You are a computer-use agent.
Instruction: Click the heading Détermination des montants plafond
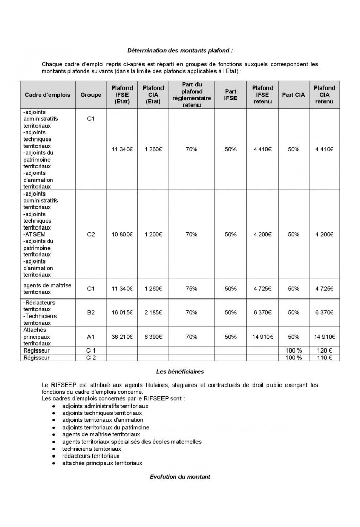tap(179, 51)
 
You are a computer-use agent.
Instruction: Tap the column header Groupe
tap(91, 95)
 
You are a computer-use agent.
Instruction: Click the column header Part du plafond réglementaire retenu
tap(192, 95)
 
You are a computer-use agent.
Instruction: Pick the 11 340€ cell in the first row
tap(122, 149)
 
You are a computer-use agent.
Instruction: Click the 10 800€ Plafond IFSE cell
tap(122, 234)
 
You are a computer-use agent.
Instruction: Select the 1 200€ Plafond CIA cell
tap(153, 234)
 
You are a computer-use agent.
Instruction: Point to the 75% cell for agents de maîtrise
tap(192, 289)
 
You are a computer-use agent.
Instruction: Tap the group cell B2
tap(91, 312)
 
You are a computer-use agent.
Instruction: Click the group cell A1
tap(91, 336)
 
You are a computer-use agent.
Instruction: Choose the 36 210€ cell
tap(122, 336)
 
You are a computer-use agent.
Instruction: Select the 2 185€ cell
tap(153, 312)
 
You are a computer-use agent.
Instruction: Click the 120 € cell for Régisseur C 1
tap(324, 350)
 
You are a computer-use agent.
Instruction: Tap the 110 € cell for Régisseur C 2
tap(324, 357)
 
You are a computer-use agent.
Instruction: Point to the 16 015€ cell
tap(122, 312)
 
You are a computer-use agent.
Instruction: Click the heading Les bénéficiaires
tap(179, 371)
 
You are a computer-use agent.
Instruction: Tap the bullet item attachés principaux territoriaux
tap(102, 463)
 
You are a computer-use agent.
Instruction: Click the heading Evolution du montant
tap(179, 477)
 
